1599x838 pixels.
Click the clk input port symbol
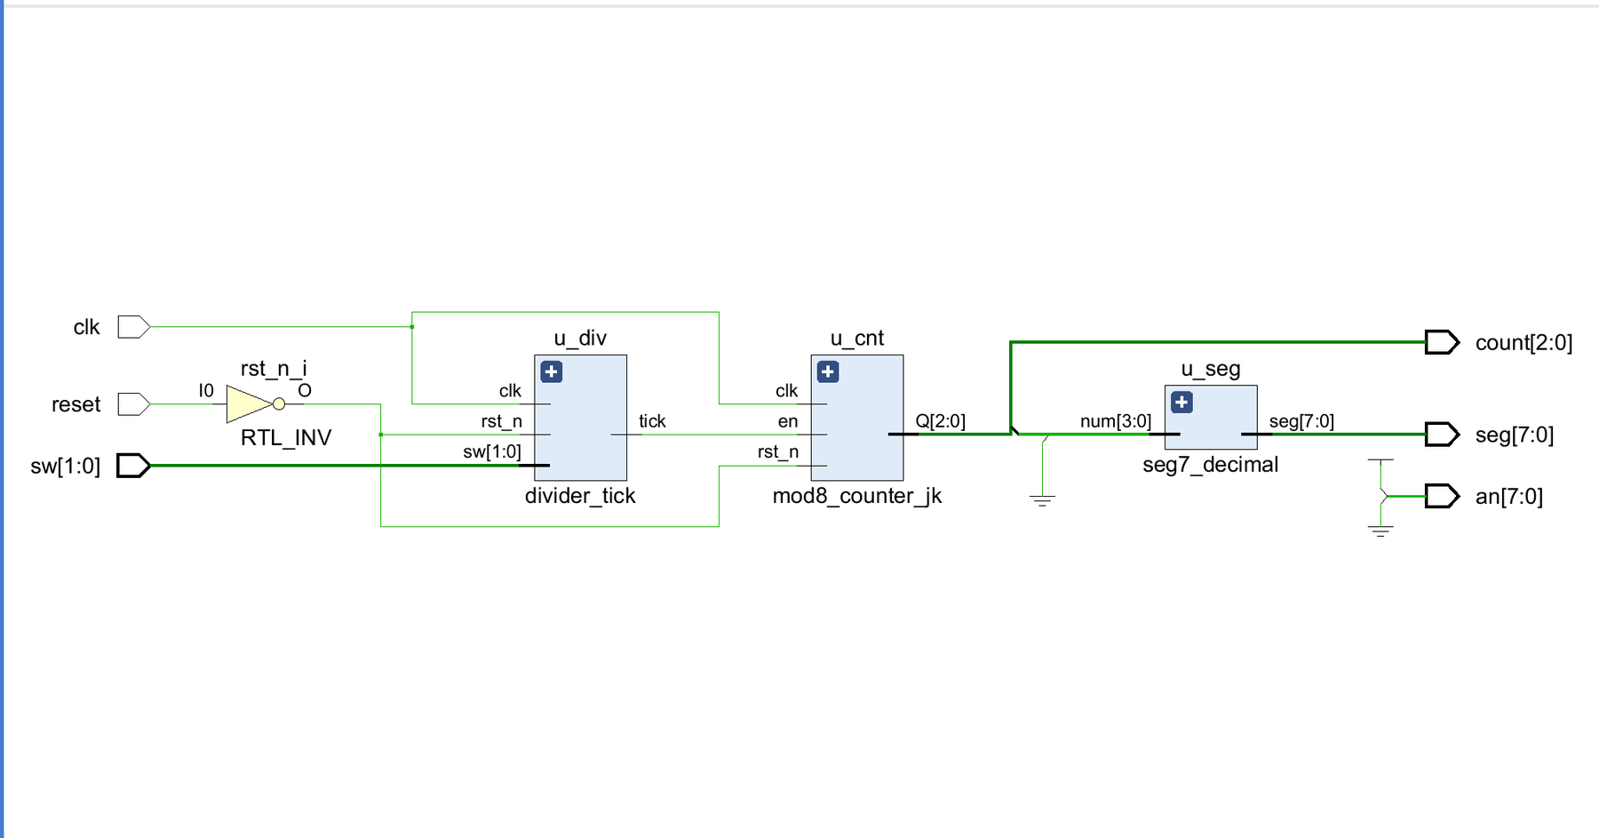[134, 327]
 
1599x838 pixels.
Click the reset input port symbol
[134, 404]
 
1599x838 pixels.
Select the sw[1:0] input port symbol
[134, 466]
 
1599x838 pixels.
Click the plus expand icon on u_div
[552, 371]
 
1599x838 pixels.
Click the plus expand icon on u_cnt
[828, 371]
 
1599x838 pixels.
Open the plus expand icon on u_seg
[1181, 403]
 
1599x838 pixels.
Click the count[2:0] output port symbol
[1442, 342]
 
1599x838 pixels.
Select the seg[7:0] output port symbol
[1442, 435]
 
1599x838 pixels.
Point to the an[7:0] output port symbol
[1442, 496]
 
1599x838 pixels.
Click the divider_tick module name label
[580, 496]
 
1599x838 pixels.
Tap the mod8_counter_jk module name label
[857, 496]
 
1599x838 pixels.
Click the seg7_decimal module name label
[1211, 465]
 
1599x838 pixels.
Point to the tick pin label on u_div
[652, 421]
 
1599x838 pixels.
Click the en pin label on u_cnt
[788, 422]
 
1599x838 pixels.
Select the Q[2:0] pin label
[941, 421]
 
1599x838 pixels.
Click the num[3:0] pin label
[1116, 421]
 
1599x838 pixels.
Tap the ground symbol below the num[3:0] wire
[1042, 500]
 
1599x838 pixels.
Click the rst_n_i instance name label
[274, 369]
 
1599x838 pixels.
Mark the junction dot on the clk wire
[412, 327]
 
